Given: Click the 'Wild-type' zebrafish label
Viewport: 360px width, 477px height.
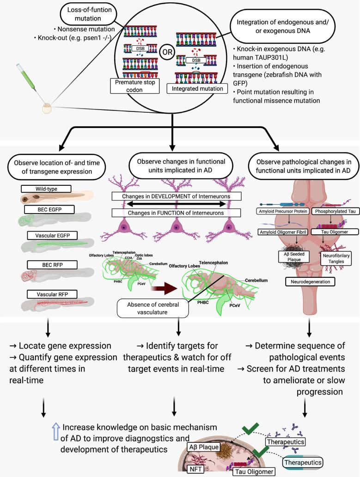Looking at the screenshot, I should coord(40,189).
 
